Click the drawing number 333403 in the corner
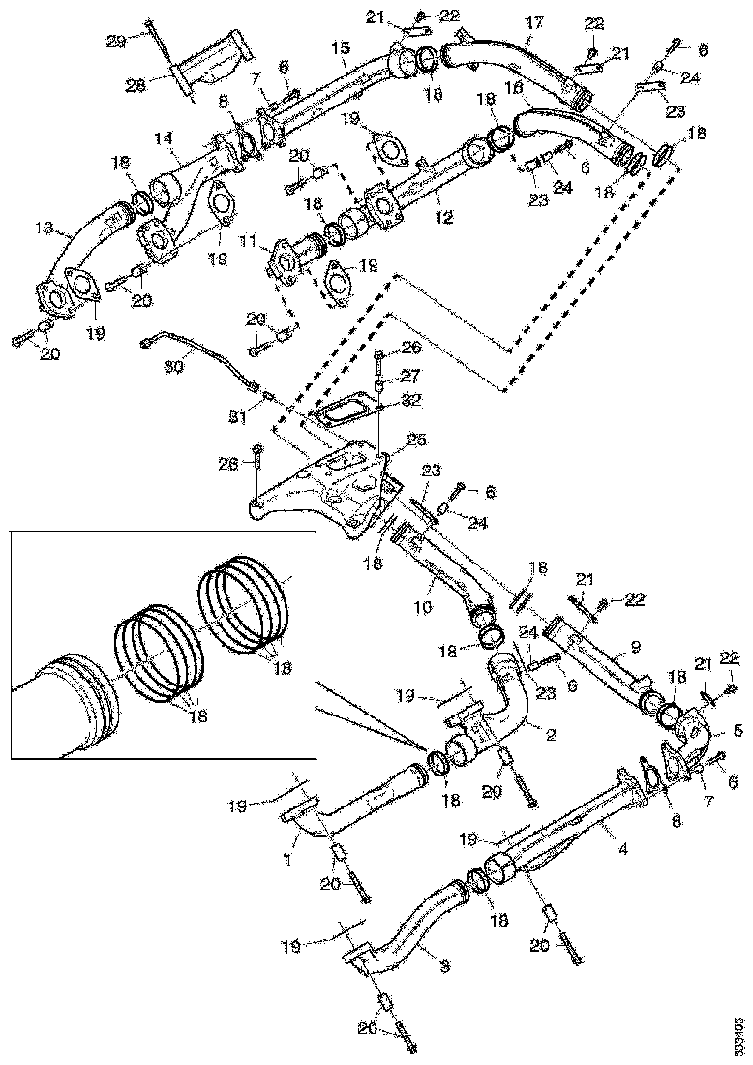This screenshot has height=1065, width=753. coord(739,1034)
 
